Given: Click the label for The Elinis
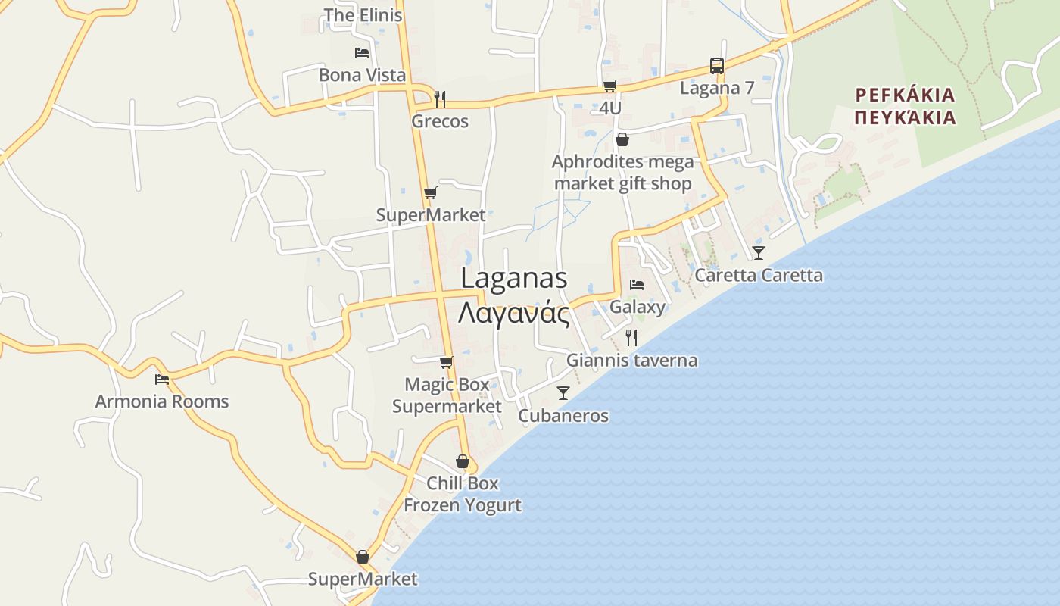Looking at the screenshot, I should coord(363,15).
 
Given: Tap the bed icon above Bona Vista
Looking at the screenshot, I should coord(362,52).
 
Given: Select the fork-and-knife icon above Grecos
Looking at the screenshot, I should coord(440,98).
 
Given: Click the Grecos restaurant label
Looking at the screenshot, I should coord(440,121).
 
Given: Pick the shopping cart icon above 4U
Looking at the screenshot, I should coord(609,86).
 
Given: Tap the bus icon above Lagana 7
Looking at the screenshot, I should coord(716,65).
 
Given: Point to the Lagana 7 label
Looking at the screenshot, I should coord(716,88).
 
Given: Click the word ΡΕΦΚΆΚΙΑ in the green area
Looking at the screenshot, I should coord(905,95).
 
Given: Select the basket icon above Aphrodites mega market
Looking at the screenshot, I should coord(622,139).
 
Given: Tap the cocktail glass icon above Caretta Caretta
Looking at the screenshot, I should coord(758,252).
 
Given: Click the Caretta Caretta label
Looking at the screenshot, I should coord(758,275).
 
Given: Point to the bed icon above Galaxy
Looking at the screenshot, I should coord(637,285).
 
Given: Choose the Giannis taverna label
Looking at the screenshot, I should coord(631,361).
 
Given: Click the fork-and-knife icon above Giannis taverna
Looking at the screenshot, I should coord(631,337).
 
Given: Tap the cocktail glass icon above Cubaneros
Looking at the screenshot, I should coord(563,392).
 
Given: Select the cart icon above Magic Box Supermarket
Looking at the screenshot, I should coord(447,362).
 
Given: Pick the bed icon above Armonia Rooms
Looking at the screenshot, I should coord(161,379).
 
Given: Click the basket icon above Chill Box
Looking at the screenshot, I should coord(462,461).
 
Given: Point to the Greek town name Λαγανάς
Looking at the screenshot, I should coord(513,312).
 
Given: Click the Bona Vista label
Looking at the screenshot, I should coord(362,75).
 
